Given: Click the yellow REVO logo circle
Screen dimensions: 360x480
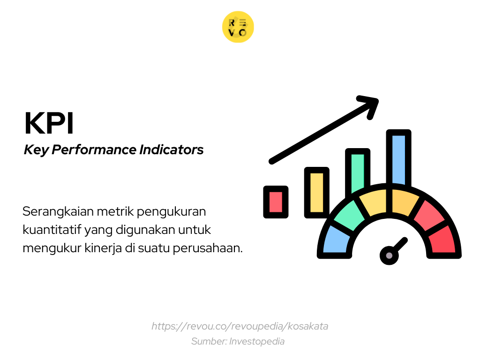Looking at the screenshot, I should click(x=238, y=27).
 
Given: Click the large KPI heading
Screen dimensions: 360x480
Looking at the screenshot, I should click(x=49, y=124).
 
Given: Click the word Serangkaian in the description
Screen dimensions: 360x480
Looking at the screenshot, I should click(x=58, y=212).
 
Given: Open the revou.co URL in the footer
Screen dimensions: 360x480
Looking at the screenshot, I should click(x=240, y=326).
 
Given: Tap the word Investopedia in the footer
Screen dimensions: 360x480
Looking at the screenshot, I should click(x=257, y=341).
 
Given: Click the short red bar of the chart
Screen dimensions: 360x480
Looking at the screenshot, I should click(x=276, y=202).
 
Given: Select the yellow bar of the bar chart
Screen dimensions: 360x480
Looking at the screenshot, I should click(x=316, y=192).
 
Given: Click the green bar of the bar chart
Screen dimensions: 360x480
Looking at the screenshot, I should click(x=357, y=171).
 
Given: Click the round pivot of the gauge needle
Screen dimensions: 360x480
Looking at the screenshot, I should click(x=389, y=255).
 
